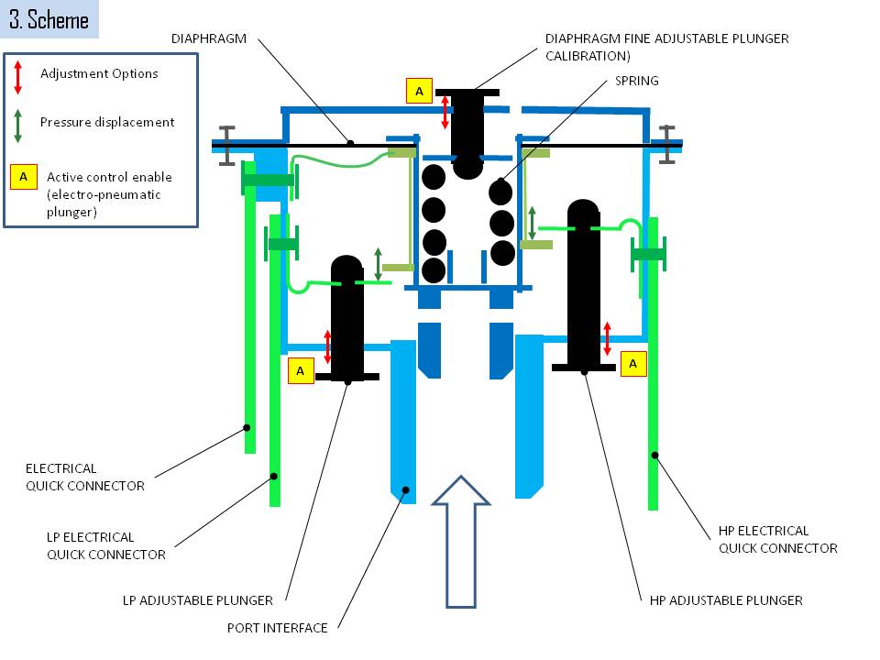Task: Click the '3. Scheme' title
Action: [49, 19]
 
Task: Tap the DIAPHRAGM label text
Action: [209, 38]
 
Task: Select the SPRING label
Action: [636, 81]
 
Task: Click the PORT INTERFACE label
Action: [277, 628]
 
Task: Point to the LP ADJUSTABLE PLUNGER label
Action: [198, 600]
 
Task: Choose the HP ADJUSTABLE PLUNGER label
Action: [726, 600]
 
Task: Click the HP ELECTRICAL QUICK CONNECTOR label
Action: [778, 539]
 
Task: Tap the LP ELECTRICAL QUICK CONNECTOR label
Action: [106, 546]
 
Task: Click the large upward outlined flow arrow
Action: [461, 542]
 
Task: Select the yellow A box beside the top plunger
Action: [419, 91]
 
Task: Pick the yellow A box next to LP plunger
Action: [301, 371]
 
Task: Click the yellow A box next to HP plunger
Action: [633, 364]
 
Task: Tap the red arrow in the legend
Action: [18, 77]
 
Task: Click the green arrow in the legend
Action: [18, 126]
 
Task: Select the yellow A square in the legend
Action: [24, 177]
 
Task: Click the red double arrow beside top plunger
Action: [445, 112]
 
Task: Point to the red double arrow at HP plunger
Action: [607, 338]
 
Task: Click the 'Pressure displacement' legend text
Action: [107, 122]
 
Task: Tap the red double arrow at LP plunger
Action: [328, 346]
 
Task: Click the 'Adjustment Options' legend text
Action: [99, 73]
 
